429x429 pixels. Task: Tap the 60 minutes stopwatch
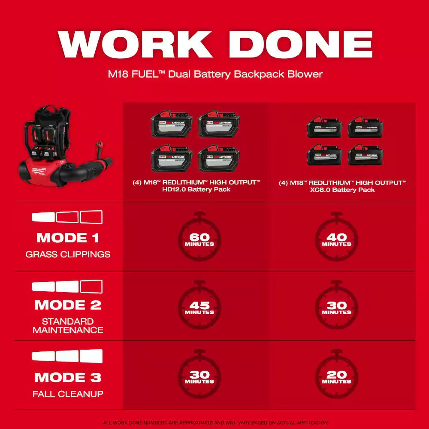point(199,238)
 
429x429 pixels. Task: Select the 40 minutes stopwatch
point(336,238)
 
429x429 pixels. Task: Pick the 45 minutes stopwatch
point(199,307)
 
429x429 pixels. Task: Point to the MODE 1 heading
point(68,238)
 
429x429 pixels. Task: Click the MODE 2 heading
point(68,305)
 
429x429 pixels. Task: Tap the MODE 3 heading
point(68,378)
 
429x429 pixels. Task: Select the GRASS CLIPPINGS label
point(68,254)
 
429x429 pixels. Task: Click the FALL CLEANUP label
point(68,394)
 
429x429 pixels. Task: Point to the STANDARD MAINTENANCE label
point(68,326)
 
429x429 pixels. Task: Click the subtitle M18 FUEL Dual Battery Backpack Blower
point(214,74)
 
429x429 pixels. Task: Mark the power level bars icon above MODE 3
point(67,356)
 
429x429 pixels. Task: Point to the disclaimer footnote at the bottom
point(214,423)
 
